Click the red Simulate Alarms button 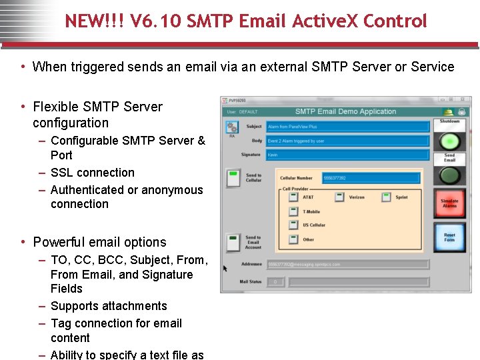(450, 203)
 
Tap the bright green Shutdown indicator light (450, 141)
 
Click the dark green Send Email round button (450, 175)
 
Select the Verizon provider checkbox (339, 197)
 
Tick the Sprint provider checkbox (386, 197)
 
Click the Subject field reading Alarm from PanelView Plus (347, 127)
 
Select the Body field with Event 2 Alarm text (347, 141)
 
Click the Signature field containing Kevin (347, 155)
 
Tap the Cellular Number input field (371, 178)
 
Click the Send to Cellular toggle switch (233, 177)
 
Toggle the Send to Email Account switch (233, 242)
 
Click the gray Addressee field (347, 265)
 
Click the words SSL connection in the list (93, 173)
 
